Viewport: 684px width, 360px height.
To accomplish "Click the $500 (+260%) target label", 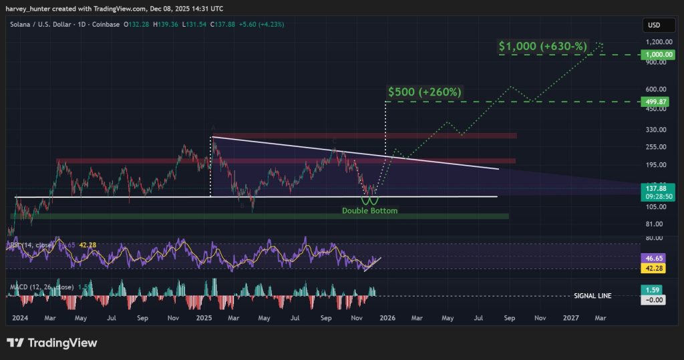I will click(x=424, y=92).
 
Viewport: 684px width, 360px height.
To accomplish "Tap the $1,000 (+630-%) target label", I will click(x=542, y=47).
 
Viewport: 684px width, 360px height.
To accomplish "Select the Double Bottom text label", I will click(x=369, y=211).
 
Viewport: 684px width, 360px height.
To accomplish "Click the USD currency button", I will click(x=655, y=25).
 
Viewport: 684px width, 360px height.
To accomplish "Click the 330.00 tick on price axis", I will click(x=658, y=129).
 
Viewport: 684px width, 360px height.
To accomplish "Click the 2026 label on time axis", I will click(x=387, y=319).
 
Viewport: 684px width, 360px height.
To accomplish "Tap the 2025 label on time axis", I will click(x=203, y=319).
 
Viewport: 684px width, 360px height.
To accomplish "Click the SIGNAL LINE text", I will click(x=592, y=296).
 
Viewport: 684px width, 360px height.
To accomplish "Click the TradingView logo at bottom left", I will click(x=52, y=343).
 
